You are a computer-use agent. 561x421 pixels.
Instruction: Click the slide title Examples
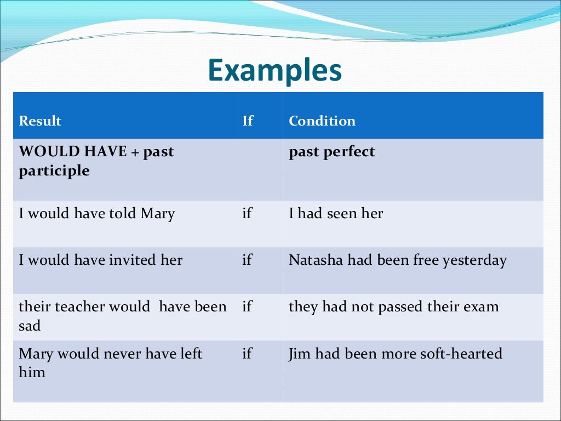pos(275,71)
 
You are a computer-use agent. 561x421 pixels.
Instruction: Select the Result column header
pos(40,121)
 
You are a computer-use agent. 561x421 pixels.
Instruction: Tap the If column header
pos(248,121)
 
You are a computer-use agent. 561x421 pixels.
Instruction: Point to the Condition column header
pos(322,121)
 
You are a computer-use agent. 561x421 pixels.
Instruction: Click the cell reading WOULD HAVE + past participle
pos(96,161)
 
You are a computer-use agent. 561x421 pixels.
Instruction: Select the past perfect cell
pos(331,151)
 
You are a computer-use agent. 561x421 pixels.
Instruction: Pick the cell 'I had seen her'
pos(336,213)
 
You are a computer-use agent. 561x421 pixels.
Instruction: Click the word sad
pos(30,326)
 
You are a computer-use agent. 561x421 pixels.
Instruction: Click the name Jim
pos(299,354)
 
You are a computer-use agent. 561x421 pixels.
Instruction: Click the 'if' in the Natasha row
pos(247,260)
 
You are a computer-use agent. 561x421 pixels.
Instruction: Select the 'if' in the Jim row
pos(247,354)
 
